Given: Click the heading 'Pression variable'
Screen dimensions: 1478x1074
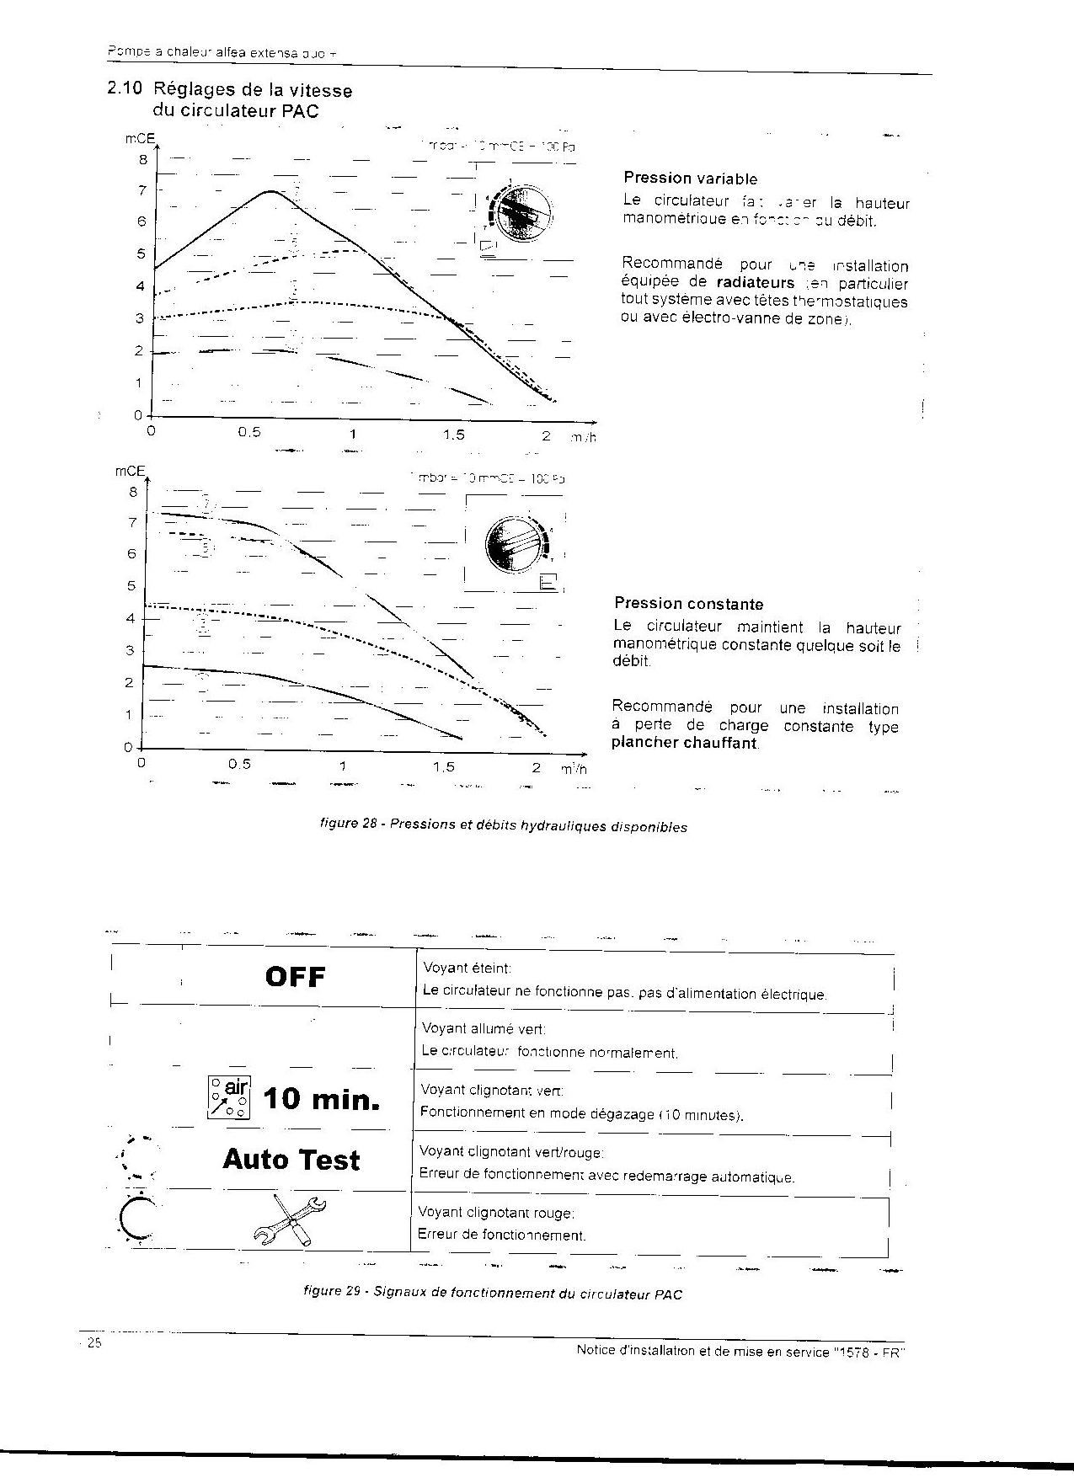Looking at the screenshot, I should tap(690, 179).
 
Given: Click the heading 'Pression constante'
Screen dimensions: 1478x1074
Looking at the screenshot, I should tap(688, 604).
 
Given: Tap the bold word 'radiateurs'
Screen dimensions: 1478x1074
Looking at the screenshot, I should tap(756, 283).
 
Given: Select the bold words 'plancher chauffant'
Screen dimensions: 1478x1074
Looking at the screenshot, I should tap(684, 744).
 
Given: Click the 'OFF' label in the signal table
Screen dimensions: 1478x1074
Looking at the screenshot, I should tap(295, 977).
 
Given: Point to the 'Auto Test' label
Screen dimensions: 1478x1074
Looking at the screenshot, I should tap(291, 1160).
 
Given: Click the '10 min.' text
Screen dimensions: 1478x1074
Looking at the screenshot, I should tap(321, 1099).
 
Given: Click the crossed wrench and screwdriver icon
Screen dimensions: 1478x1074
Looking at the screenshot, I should tap(289, 1219).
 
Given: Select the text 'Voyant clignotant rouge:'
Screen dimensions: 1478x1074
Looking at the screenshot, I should tap(496, 1213).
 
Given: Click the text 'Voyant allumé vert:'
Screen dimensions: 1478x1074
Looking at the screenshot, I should tap(484, 1029).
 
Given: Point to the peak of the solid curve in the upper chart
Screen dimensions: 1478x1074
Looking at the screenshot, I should tap(270, 191).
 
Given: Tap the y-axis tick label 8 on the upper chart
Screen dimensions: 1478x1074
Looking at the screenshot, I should tap(142, 159).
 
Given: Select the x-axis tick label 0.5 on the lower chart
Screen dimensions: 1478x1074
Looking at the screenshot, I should tap(240, 766).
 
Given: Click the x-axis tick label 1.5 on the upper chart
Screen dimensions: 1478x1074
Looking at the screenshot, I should tap(453, 435).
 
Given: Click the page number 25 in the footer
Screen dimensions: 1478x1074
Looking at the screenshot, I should tap(93, 1343).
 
